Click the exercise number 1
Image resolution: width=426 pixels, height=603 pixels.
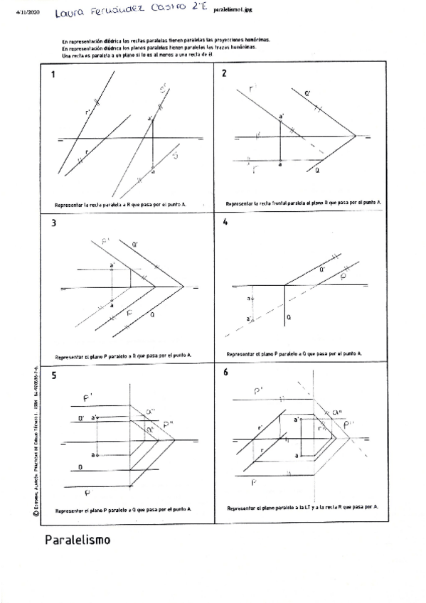(53, 74)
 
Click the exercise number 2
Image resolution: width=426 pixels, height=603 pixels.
(225, 74)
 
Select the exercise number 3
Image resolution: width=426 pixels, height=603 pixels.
(53, 223)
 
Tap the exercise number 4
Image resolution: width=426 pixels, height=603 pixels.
(225, 222)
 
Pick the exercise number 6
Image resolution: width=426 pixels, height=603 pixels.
(225, 372)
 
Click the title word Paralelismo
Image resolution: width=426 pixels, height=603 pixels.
(78, 540)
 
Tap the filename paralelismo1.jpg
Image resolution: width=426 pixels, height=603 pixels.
(233, 11)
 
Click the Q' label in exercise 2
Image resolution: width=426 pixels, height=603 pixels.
(307, 93)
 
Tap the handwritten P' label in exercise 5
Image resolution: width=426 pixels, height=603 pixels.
(88, 398)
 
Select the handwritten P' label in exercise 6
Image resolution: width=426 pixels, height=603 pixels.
(260, 390)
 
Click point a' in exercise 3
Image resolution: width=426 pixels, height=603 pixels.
(112, 267)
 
